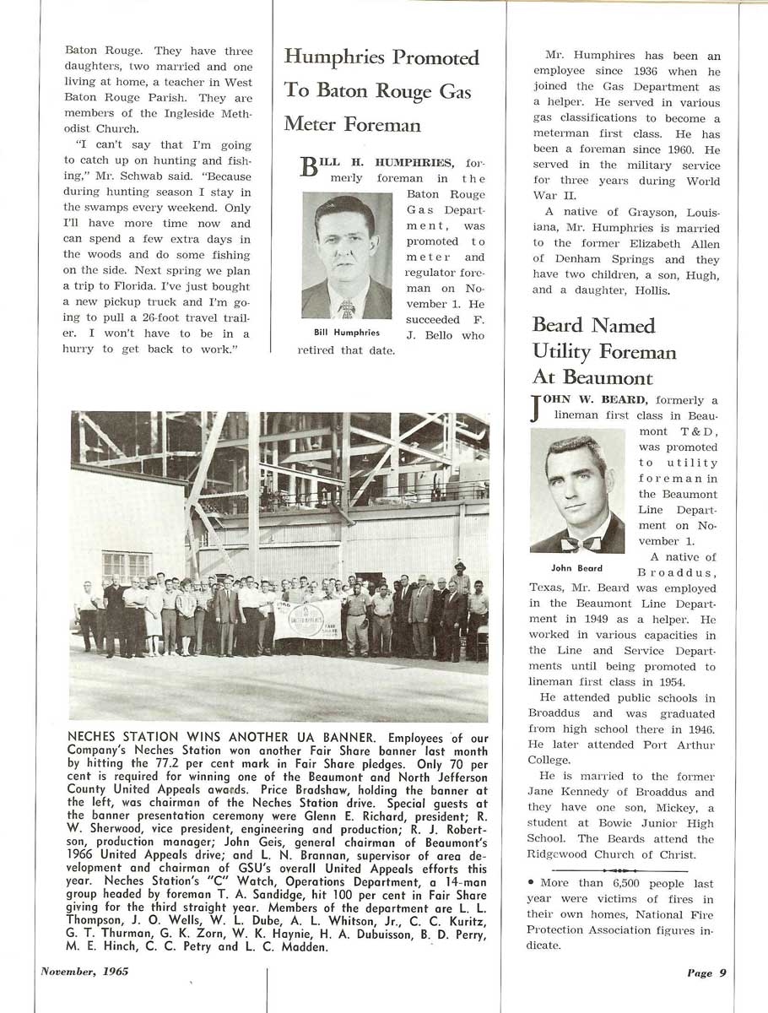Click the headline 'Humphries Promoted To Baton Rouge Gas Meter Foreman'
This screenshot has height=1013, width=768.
click(381, 91)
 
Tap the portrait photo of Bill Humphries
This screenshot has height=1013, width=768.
click(347, 256)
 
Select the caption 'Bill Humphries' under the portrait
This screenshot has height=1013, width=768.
click(346, 332)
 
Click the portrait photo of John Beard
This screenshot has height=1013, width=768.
click(577, 490)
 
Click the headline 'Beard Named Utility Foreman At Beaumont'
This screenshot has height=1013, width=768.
click(604, 350)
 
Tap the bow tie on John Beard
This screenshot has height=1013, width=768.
click(579, 543)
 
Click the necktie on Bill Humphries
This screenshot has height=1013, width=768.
click(346, 308)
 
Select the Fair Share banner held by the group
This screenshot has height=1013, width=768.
click(308, 619)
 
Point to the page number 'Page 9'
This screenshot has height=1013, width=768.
click(706, 972)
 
